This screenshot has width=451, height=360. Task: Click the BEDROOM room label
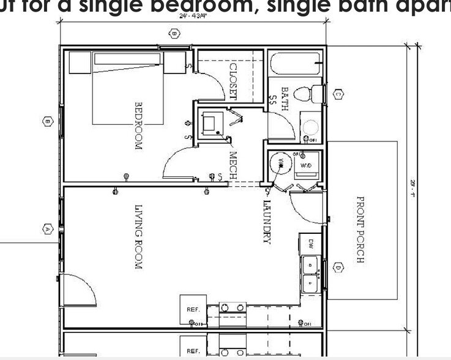coord(138,126)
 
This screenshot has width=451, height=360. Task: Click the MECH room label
coord(233,165)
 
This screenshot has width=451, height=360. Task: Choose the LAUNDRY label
coord(267,222)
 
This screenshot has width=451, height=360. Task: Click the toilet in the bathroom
coord(308,94)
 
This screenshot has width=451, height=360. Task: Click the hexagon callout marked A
coord(48,229)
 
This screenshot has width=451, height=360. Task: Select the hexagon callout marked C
coord(338,94)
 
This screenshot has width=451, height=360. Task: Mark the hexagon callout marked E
coord(47,122)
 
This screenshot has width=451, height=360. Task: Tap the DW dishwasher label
coord(311,242)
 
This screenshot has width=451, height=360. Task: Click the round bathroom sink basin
coord(311,127)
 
